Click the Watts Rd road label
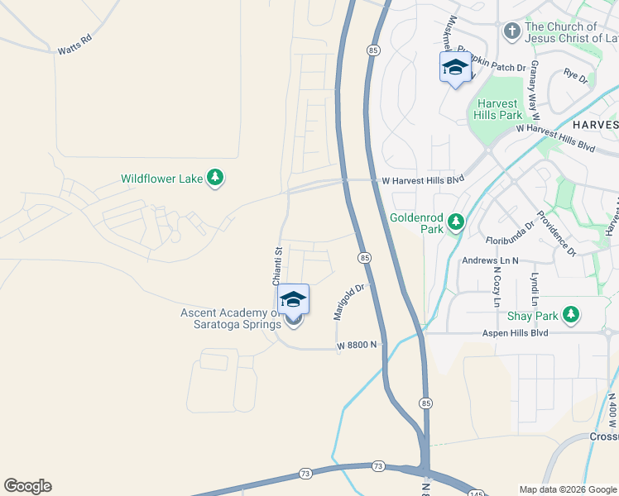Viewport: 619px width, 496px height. click(x=74, y=45)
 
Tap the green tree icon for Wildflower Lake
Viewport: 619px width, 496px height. click(x=215, y=178)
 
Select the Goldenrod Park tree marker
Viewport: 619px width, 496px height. click(x=455, y=222)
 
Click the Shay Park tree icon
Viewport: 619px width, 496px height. click(x=570, y=315)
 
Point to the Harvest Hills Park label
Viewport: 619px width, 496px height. click(x=498, y=109)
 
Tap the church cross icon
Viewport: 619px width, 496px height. click(x=511, y=32)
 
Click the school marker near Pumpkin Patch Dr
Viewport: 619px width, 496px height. click(x=455, y=68)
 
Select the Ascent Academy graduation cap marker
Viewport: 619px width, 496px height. click(x=293, y=299)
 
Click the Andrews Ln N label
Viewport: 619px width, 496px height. click(x=490, y=260)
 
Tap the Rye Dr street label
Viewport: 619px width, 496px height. click(x=575, y=78)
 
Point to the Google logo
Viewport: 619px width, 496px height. click(x=27, y=486)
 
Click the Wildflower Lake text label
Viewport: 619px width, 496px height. click(x=161, y=178)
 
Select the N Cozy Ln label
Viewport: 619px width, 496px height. click(x=498, y=283)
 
